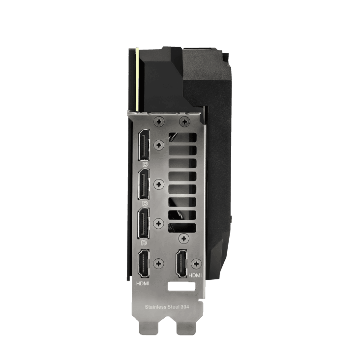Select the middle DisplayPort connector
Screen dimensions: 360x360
[x=144, y=184]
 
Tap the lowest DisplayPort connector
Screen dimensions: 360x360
[x=144, y=223]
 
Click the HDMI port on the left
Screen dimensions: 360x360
[x=143, y=264]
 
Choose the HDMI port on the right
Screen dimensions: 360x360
[x=181, y=264]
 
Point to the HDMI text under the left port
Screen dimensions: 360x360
[x=143, y=284]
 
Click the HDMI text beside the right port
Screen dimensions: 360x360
[x=195, y=275]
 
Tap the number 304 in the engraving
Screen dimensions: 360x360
[x=185, y=307]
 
